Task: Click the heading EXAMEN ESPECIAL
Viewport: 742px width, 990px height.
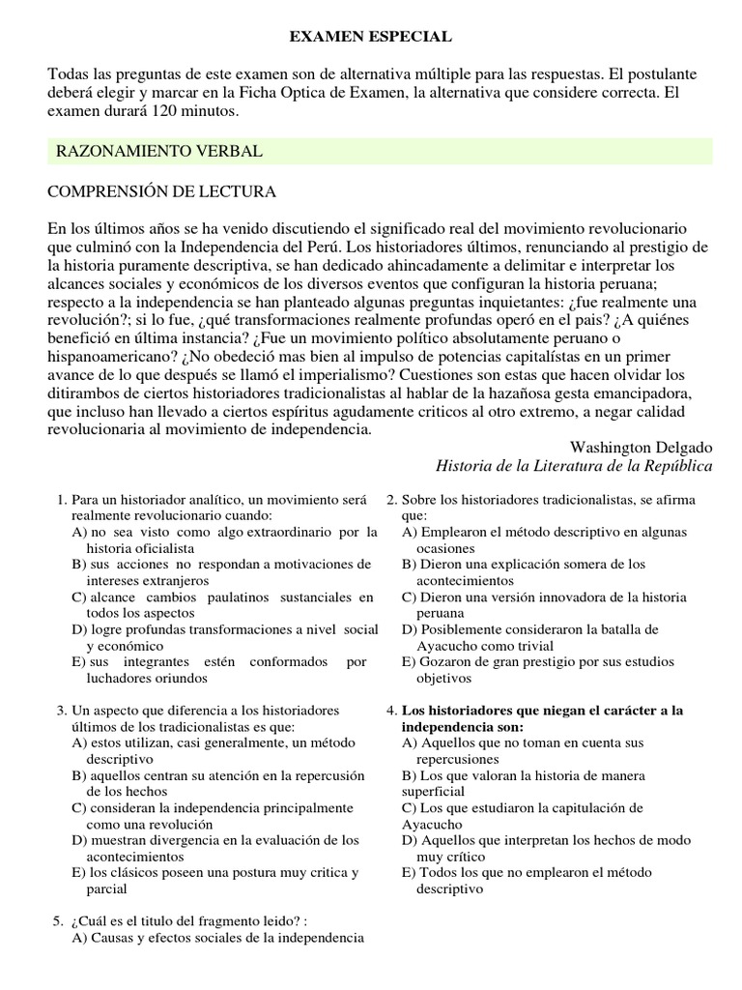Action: coord(371,36)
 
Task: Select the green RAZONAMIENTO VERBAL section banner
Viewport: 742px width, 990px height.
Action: coord(380,152)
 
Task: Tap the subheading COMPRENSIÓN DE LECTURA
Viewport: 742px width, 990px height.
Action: coord(161,192)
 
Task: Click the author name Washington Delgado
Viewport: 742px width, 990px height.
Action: coord(641,448)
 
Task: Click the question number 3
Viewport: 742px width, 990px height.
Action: coord(61,711)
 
